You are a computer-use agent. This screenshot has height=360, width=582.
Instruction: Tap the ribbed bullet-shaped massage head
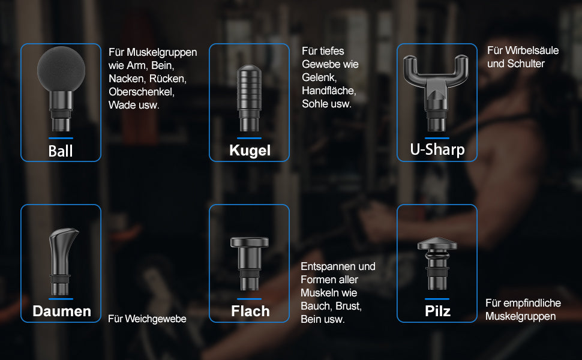coord(249,90)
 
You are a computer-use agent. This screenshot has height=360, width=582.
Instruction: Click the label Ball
coord(61,151)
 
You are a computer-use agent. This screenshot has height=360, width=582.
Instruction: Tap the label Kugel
coord(250,151)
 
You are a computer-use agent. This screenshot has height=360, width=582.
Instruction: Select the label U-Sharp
coord(437,149)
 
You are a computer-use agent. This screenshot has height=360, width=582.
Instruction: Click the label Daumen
coord(62,311)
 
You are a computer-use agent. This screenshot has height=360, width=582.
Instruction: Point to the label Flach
coord(250,311)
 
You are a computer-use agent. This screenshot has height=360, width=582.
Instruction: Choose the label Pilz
coord(437,311)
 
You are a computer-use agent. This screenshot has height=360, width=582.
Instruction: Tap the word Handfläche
coord(329,91)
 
